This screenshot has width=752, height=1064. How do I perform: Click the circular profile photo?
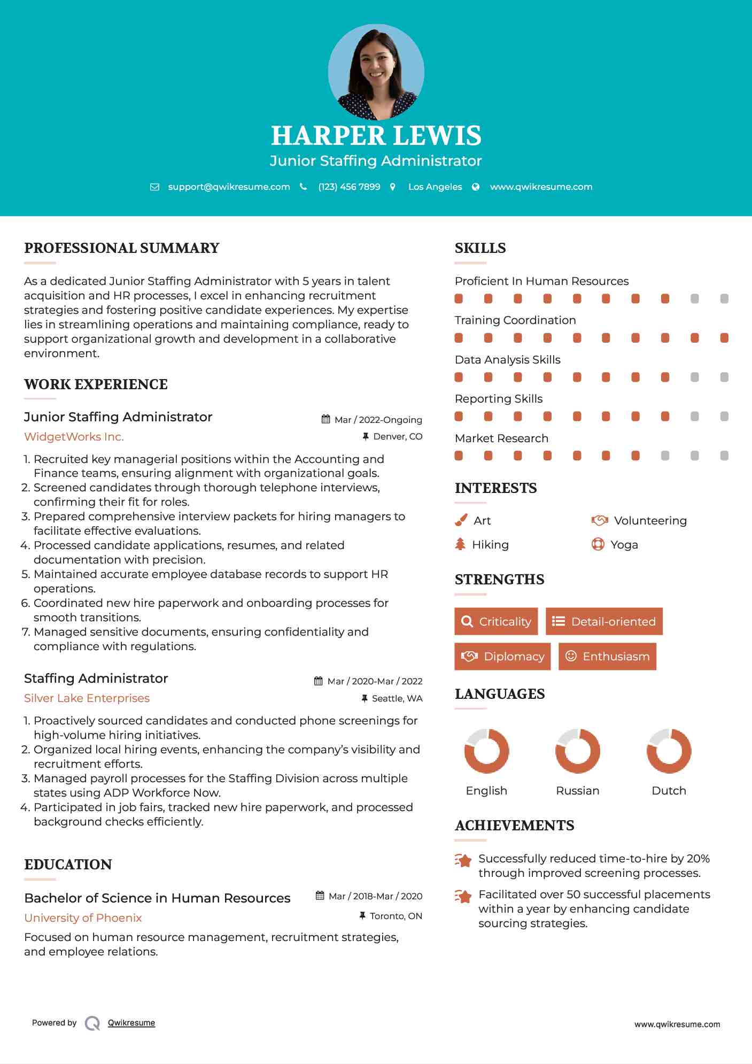376,72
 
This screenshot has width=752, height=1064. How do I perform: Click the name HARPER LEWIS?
376,136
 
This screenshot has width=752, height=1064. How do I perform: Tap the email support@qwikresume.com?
229,187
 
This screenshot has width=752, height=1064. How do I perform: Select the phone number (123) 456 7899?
349,187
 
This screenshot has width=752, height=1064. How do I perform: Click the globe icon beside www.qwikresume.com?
476,187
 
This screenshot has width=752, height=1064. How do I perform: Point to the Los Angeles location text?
435,187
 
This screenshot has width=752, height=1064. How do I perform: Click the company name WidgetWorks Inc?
74,437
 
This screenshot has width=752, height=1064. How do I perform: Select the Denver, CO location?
397,436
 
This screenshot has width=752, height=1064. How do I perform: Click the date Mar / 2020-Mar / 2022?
374,681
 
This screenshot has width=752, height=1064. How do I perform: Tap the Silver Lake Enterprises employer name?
87,698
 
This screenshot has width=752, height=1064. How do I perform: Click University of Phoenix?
83,918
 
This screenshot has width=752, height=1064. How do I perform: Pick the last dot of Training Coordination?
724,338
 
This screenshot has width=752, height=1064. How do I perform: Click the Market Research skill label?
501,438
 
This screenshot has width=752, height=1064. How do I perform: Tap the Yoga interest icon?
598,544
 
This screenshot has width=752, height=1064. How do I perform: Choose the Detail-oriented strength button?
604,621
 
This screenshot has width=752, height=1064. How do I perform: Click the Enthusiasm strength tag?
607,656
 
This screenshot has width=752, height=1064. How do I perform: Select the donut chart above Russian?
577,751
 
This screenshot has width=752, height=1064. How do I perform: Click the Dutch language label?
669,791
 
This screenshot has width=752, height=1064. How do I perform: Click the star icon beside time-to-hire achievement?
463,860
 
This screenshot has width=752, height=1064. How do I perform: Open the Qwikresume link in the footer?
131,1023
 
